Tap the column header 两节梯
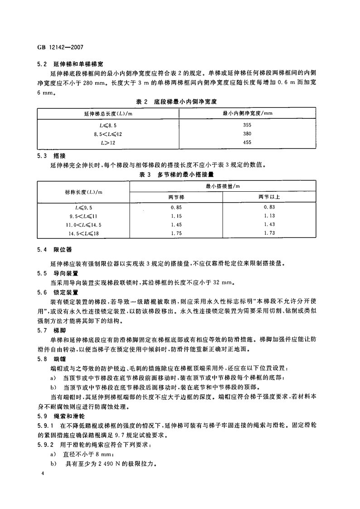(176, 197)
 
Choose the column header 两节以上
(270, 197)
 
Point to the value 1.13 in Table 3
(270, 216)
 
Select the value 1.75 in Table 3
(176, 233)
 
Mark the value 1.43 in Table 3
(270, 225)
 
